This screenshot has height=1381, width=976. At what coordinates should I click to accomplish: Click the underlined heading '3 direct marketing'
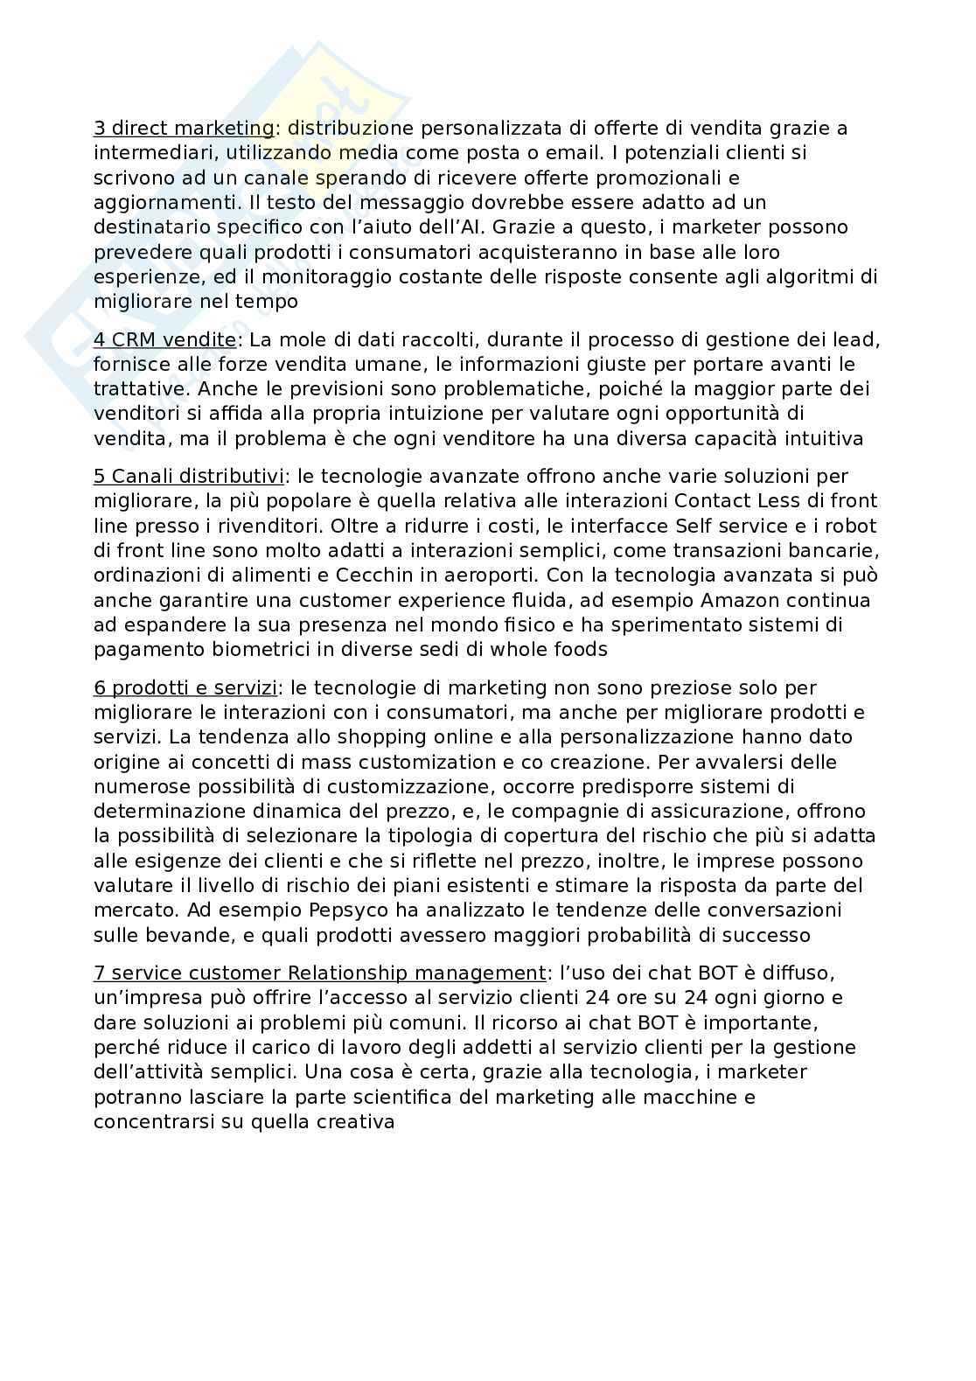[x=184, y=129]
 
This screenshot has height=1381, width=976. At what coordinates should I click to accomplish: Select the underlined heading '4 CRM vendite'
[x=164, y=339]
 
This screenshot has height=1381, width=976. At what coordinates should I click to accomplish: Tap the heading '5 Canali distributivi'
[x=188, y=477]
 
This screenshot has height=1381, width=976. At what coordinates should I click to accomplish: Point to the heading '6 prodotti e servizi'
[x=185, y=688]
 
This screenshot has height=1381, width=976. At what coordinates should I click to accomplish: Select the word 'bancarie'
[x=836, y=551]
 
